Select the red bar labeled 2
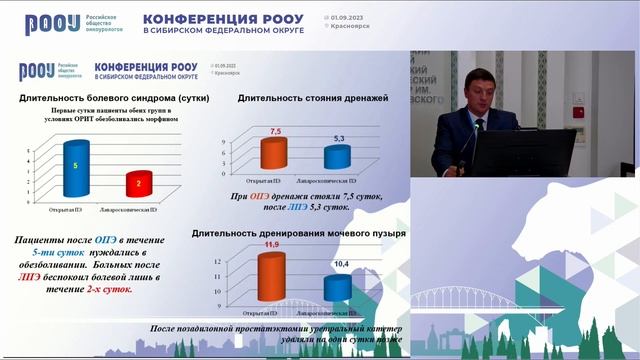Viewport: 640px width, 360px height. pyautogui.click(x=139, y=184)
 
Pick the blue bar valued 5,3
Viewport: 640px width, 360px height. pyautogui.click(x=338, y=157)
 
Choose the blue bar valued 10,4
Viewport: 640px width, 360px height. pyautogui.click(x=339, y=288)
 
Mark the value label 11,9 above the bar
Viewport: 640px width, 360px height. pyautogui.click(x=270, y=243)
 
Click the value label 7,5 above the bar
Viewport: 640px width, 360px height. pyautogui.click(x=274, y=131)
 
